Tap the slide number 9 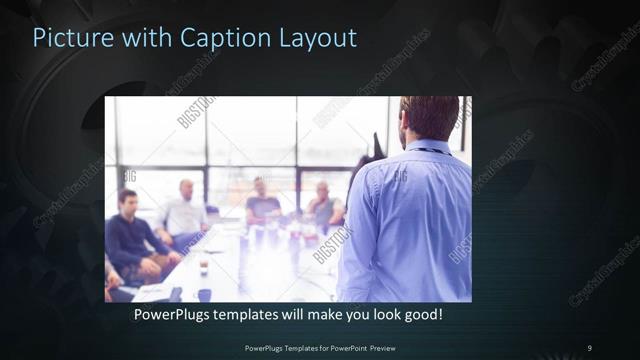click(x=589, y=347)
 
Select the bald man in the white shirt click(x=184, y=214)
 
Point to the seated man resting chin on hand click(x=323, y=207)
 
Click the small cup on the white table click(x=202, y=267)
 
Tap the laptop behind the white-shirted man click(x=213, y=213)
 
